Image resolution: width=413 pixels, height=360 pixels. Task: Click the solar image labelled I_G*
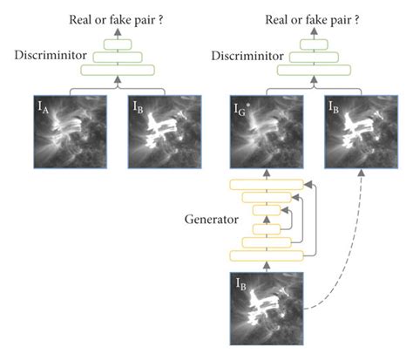(267, 132)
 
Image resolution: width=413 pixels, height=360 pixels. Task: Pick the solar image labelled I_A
(68, 132)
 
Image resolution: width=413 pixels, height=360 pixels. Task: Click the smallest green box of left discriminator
(115, 44)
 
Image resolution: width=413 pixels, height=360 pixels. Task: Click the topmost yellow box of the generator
(267, 184)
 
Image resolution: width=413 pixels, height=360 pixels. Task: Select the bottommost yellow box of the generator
(267, 255)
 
